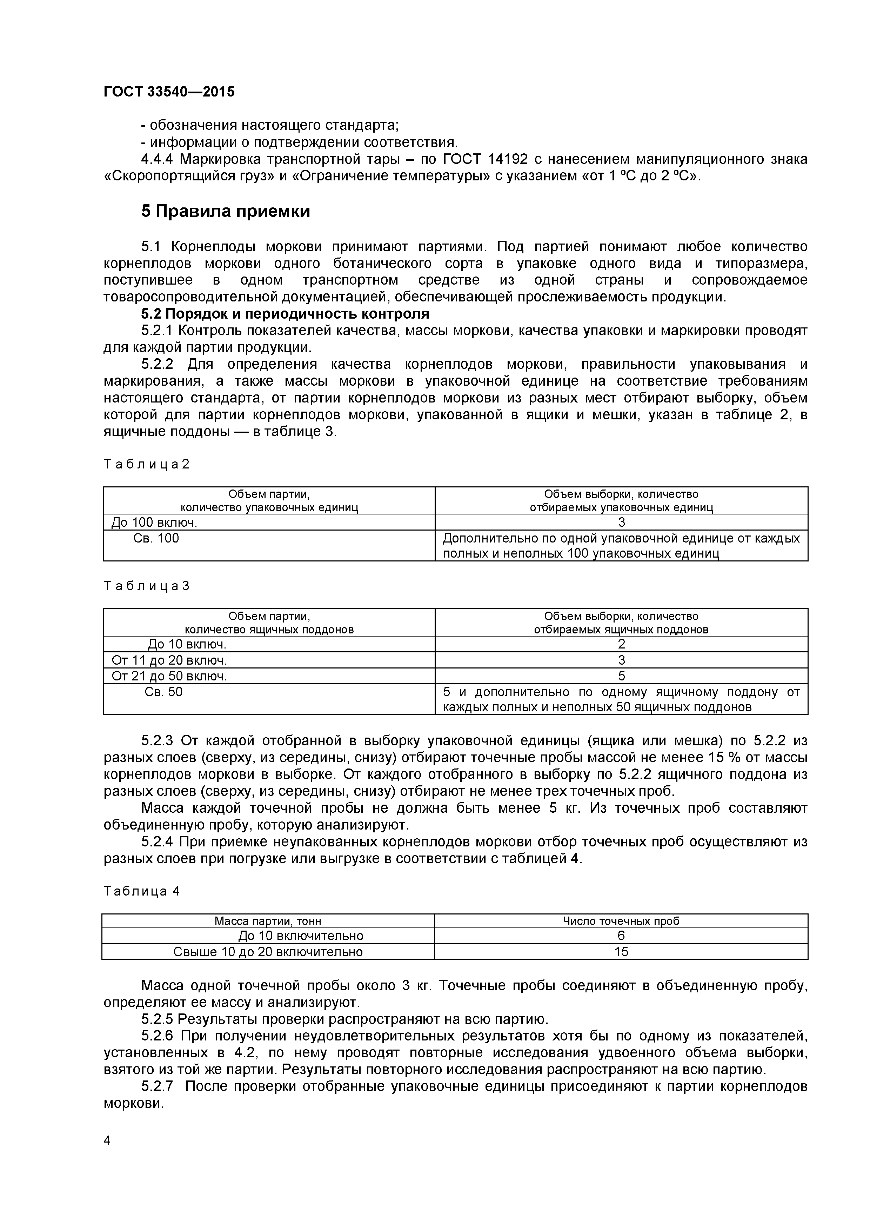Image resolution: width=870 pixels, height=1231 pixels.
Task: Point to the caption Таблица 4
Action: [141, 892]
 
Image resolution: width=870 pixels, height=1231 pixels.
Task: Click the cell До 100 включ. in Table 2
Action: [154, 522]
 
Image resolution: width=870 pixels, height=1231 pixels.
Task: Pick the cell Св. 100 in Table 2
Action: [156, 538]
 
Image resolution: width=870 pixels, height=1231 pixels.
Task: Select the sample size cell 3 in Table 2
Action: [621, 522]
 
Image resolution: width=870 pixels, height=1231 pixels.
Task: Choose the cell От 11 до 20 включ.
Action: [169, 660]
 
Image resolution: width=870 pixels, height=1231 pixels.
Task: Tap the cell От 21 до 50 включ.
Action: [169, 676]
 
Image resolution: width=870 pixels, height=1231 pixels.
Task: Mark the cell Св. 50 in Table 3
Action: [163, 692]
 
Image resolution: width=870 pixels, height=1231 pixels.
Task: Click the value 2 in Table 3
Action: [621, 644]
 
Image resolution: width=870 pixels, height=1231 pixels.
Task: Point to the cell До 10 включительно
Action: [301, 936]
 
